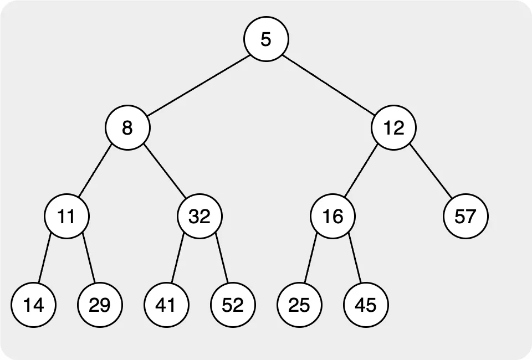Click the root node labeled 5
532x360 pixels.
[266, 39]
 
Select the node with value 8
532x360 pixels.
[127, 127]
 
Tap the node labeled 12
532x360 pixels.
[393, 127]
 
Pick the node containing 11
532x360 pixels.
[66, 216]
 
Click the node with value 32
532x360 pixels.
[199, 216]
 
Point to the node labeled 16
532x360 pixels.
[332, 216]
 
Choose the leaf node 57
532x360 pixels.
[465, 216]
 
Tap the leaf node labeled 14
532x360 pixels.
[33, 305]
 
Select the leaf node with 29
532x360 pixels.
[100, 305]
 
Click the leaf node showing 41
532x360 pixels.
[166, 305]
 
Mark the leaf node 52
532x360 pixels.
[233, 305]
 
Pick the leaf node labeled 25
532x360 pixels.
[299, 305]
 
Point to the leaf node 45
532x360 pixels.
[366, 305]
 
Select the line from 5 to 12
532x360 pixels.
[330, 83]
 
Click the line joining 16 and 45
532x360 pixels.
[355, 260]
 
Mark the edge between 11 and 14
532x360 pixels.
[45, 259]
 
